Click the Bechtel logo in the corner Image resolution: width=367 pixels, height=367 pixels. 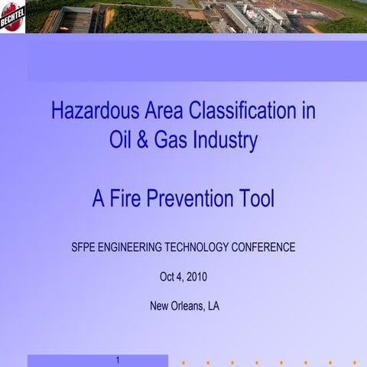[x=13, y=15]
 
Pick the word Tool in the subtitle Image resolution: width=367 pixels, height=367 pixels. [x=256, y=200]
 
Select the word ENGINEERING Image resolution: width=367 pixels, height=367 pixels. [x=138, y=248]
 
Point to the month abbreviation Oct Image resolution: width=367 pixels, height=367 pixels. [x=167, y=277]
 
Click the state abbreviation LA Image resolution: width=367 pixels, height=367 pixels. [x=213, y=306]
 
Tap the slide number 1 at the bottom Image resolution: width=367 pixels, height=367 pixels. [x=118, y=360]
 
